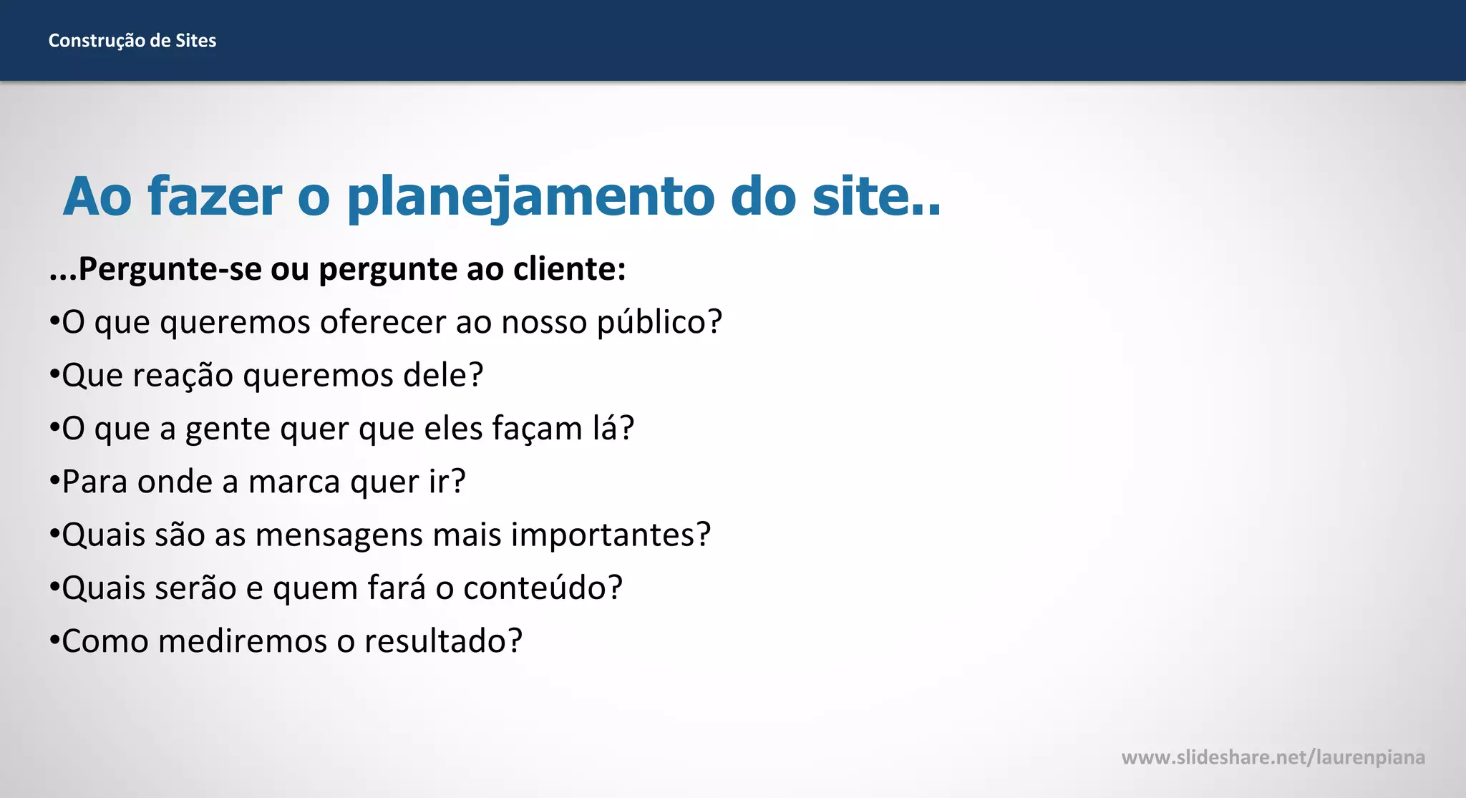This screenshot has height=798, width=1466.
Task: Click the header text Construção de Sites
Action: point(132,41)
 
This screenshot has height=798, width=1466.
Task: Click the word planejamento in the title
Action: point(530,196)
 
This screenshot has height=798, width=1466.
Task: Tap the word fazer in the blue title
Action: point(215,196)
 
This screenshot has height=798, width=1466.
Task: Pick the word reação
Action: point(183,376)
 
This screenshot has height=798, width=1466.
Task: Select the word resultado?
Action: point(443,641)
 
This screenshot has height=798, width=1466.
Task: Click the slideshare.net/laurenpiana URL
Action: point(1273,757)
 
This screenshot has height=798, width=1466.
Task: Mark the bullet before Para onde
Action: point(54,481)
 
